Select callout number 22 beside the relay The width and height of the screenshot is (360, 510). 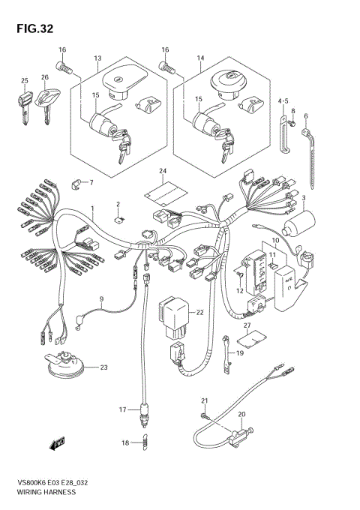199,312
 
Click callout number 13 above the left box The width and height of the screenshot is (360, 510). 97,58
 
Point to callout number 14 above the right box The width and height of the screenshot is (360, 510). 200,58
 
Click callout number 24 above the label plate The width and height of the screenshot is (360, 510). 161,172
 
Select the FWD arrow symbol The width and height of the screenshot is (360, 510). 56,445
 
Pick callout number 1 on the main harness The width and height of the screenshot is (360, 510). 93,208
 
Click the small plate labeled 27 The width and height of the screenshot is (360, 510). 254,338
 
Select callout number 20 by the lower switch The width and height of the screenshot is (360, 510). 241,414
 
